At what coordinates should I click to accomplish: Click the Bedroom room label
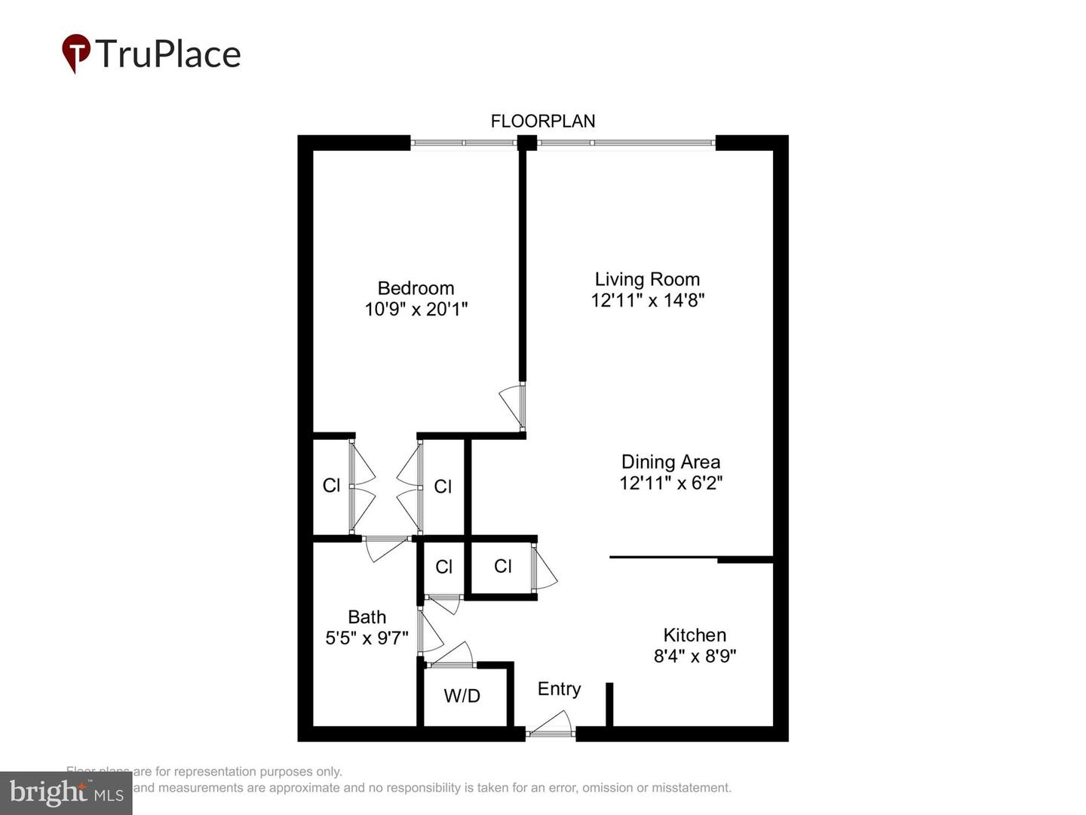click(x=416, y=288)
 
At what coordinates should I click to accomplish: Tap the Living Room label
click(x=647, y=279)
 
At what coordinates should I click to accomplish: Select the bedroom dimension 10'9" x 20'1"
click(x=416, y=309)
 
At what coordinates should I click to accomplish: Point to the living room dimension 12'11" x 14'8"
click(x=647, y=300)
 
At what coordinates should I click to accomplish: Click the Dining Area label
click(x=670, y=462)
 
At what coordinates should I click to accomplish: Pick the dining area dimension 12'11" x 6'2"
click(x=670, y=483)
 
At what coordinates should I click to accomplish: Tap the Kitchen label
click(x=695, y=635)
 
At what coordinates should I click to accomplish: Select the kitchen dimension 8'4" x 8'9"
click(x=695, y=656)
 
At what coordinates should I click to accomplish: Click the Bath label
click(x=367, y=617)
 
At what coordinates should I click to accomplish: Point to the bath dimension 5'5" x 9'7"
click(x=367, y=638)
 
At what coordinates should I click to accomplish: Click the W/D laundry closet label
click(x=462, y=696)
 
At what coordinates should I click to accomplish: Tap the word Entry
click(x=559, y=689)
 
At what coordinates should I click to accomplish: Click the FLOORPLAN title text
click(x=543, y=121)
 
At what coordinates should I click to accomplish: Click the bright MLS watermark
click(x=66, y=792)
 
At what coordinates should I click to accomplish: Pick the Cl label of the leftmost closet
click(x=331, y=485)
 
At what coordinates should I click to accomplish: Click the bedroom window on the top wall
click(x=464, y=142)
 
